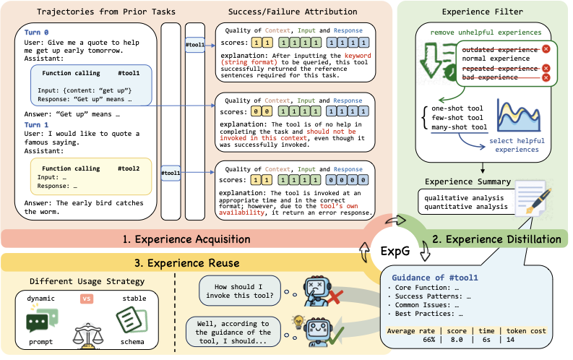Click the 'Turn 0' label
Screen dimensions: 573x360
36,32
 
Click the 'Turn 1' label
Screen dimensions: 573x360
36,124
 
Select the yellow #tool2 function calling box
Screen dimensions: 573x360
91,177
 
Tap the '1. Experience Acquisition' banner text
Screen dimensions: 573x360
186,239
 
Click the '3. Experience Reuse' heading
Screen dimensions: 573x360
186,263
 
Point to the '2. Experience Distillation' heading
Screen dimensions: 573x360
496,239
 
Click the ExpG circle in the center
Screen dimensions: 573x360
395,251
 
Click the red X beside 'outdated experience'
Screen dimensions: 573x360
546,49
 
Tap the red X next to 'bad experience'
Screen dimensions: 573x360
546,77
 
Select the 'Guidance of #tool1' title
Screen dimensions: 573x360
435,278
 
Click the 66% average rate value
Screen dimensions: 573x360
429,340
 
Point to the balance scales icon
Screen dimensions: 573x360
87,335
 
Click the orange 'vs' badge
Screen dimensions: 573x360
87,299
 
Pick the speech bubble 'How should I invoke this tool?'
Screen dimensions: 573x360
240,291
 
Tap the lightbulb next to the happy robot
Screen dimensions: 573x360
298,322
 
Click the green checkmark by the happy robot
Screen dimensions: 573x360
336,336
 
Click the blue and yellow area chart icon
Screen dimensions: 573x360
519,116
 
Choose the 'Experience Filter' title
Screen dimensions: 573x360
483,12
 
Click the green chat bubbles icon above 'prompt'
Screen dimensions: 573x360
42,320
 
